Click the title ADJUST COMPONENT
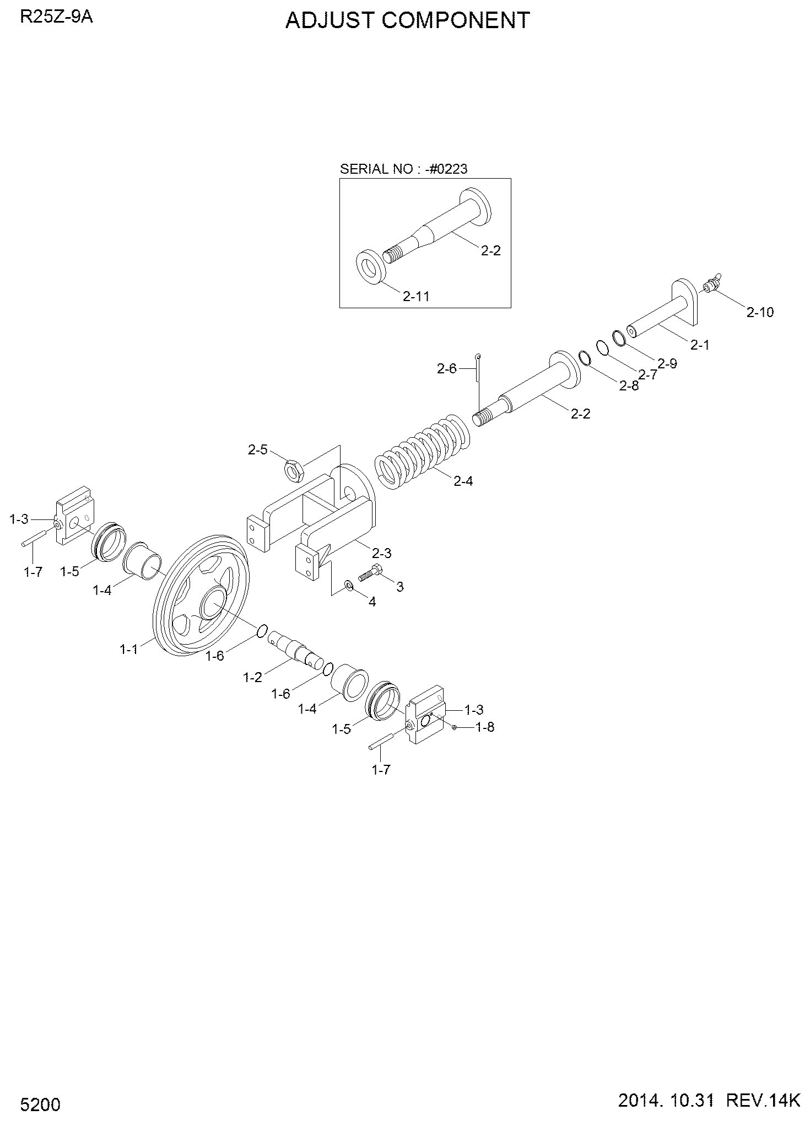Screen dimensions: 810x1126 point(407,20)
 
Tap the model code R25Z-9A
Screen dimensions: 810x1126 point(56,17)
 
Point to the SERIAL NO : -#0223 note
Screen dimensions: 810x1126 point(403,169)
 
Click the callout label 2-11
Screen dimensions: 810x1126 point(415,296)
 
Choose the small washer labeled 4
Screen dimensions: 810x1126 point(349,584)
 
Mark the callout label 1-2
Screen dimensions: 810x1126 point(253,678)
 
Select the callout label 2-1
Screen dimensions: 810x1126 point(699,345)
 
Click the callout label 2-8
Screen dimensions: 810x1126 point(629,386)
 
